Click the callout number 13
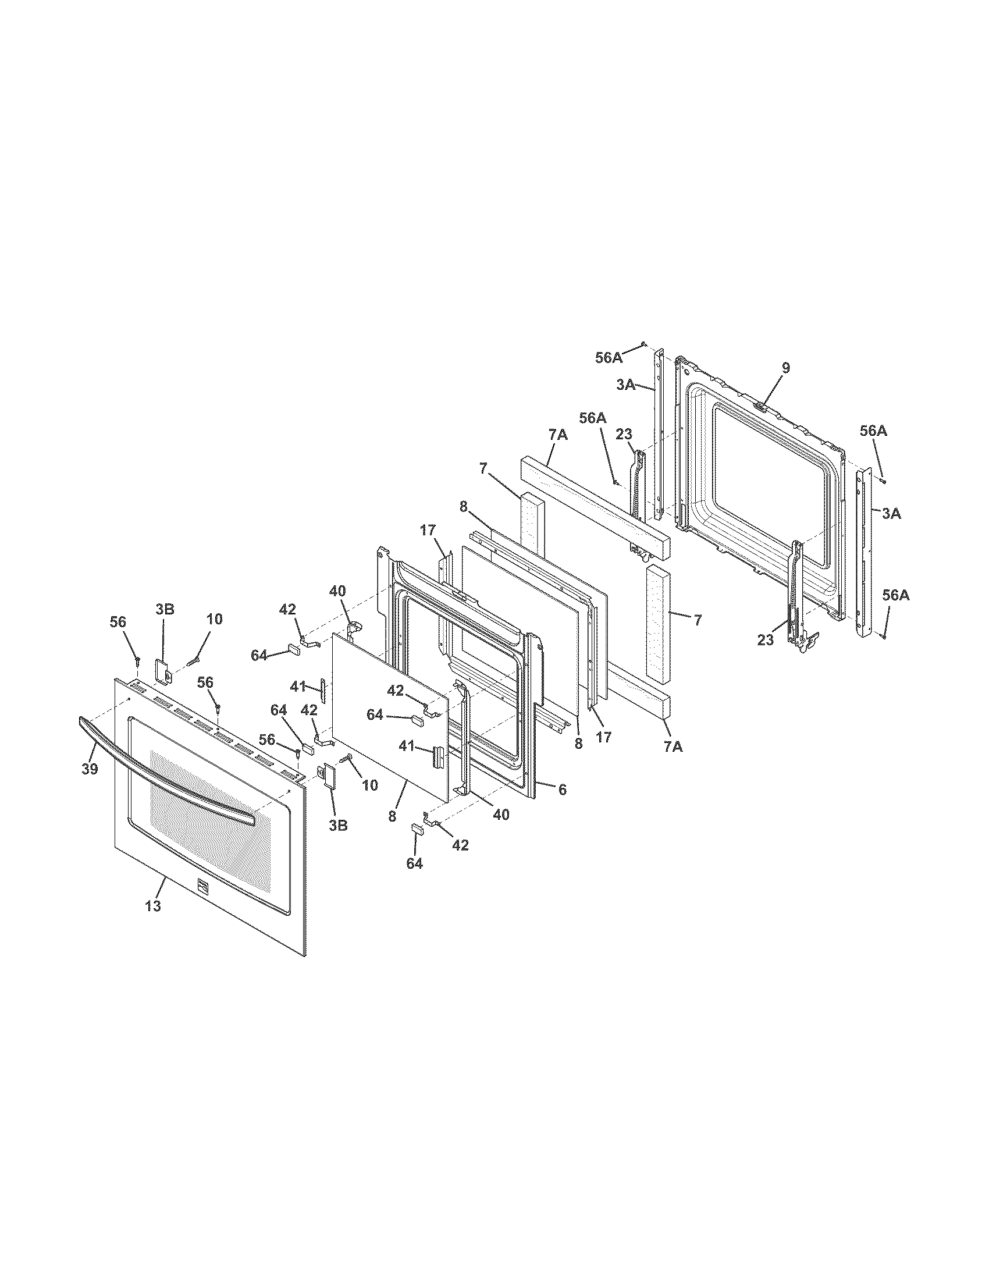(153, 905)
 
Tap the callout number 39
(90, 769)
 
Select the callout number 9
(786, 368)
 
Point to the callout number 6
(562, 790)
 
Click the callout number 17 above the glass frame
(428, 531)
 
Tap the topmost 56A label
(609, 357)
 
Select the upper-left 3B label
(165, 609)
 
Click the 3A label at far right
(891, 514)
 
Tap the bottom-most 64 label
(414, 863)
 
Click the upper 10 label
(215, 619)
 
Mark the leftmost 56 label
(118, 622)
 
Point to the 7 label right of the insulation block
(697, 620)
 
